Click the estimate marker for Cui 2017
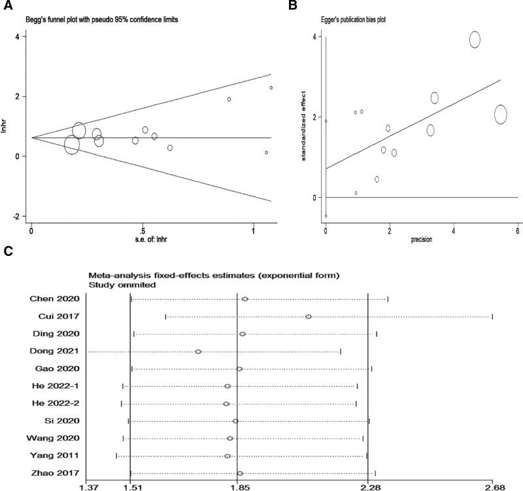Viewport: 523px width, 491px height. tap(308, 317)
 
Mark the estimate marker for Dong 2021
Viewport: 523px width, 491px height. tap(198, 352)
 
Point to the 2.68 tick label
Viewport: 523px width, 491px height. tap(495, 487)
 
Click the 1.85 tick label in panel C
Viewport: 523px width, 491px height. tap(238, 487)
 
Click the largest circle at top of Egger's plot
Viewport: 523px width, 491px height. tap(475, 39)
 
